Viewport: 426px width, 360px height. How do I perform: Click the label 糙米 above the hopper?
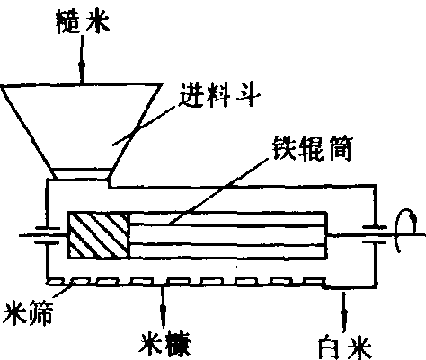click(x=83, y=22)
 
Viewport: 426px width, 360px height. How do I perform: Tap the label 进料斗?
click(x=220, y=96)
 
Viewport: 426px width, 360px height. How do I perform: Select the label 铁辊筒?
click(x=313, y=149)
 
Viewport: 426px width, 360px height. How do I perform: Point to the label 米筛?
click(x=28, y=313)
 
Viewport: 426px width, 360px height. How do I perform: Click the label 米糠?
click(x=164, y=345)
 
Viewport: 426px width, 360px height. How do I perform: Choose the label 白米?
click(x=345, y=348)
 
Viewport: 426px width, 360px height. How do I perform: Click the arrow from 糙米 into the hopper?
click(x=82, y=59)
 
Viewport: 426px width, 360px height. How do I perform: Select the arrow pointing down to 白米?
click(x=344, y=312)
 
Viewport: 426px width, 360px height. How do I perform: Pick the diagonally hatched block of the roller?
click(x=99, y=235)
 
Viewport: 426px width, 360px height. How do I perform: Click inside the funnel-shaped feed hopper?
click(x=82, y=126)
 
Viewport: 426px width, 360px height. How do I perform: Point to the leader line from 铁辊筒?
click(x=218, y=191)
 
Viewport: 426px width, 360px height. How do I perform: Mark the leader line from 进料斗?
click(x=143, y=126)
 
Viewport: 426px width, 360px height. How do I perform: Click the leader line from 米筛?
click(x=63, y=290)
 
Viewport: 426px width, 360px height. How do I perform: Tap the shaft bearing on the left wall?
click(x=48, y=235)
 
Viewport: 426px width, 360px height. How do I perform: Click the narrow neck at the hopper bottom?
click(x=81, y=174)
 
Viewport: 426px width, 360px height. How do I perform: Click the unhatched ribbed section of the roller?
click(x=228, y=235)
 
